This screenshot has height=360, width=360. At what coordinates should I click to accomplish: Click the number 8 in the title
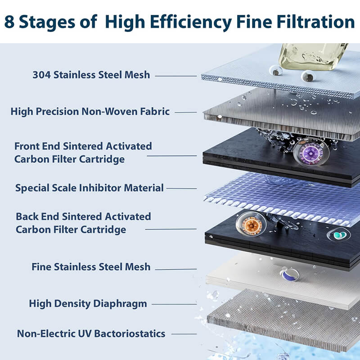tap(11, 21)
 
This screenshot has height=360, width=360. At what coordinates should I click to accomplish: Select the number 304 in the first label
tap(42, 75)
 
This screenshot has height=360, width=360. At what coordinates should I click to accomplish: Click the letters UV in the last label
tap(93, 334)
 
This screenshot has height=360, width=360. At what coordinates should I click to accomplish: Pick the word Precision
tap(60, 111)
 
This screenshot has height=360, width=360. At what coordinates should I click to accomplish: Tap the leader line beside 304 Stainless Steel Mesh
tap(176, 75)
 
